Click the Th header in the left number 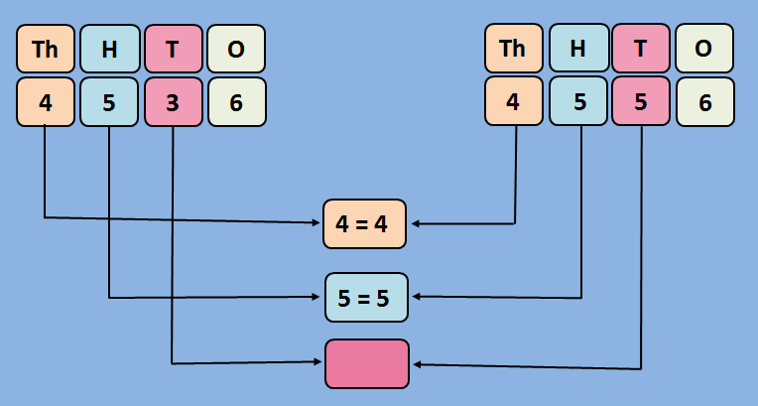pyautogui.click(x=46, y=49)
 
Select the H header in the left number pyautogui.click(x=109, y=49)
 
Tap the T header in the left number pyautogui.click(x=173, y=49)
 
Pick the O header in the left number pyautogui.click(x=236, y=49)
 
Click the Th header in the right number pyautogui.click(x=514, y=49)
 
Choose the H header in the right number pyautogui.click(x=577, y=49)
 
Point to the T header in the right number pyautogui.click(x=641, y=49)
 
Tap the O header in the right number pyautogui.click(x=704, y=49)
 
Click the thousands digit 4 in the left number pyautogui.click(x=46, y=101)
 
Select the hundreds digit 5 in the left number pyautogui.click(x=109, y=101)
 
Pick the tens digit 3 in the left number pyautogui.click(x=173, y=101)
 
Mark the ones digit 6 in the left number pyautogui.click(x=236, y=101)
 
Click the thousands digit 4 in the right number pyautogui.click(x=514, y=101)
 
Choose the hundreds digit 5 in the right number pyautogui.click(x=577, y=101)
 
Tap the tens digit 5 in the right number pyautogui.click(x=641, y=101)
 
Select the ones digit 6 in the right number pyautogui.click(x=704, y=101)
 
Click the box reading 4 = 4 pyautogui.click(x=365, y=223)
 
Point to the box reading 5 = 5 pyautogui.click(x=366, y=297)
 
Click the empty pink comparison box pyautogui.click(x=366, y=363)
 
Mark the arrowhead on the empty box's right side pyautogui.click(x=416, y=365)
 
